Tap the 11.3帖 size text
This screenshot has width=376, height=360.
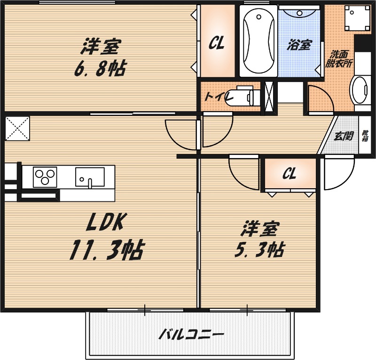[106, 250]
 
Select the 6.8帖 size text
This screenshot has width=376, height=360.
[99, 69]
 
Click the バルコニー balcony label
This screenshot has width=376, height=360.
[190, 335]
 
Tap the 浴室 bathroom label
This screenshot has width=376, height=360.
[299, 45]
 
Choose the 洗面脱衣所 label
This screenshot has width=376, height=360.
[339, 59]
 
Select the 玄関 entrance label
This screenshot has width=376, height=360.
[344, 136]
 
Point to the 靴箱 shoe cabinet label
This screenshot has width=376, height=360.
[365, 136]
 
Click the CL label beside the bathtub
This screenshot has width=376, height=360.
[216, 44]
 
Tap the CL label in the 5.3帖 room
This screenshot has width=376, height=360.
[289, 174]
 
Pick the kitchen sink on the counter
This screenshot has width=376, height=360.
[90, 177]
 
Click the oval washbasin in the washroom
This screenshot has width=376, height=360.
[360, 90]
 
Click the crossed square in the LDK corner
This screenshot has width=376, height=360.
[17, 128]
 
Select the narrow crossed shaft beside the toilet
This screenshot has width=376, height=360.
[269, 97]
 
